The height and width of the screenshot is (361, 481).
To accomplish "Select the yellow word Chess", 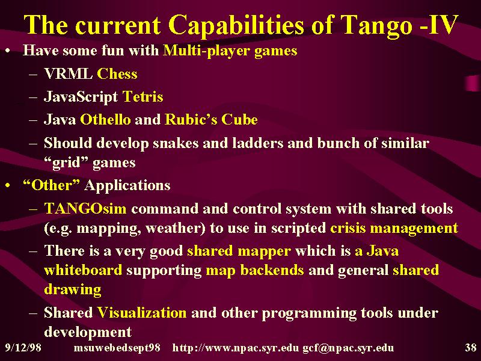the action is pos(117,74).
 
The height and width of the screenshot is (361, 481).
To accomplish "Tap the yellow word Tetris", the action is pos(142,97).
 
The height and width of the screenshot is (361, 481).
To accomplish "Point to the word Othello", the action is pos(105,119).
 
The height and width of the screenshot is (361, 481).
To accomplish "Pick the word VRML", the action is pos(69,74).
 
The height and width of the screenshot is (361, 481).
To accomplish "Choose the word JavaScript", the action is pos(81,97).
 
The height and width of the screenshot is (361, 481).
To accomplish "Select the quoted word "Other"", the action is pos(52,185).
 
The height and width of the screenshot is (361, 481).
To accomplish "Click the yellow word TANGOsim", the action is pos(85,209).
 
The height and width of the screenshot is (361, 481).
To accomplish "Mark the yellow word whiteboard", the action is pos(83,270).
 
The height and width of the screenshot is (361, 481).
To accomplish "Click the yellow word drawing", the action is pos(73,290).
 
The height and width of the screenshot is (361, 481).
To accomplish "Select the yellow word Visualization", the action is pos(142,312).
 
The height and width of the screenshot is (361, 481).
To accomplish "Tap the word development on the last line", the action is pos(88,333).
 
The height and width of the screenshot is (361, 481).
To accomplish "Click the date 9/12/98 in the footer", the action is pos(23,348).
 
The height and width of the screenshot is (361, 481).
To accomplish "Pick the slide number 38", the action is pos(471,348).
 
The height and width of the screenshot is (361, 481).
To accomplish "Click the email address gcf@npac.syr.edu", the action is pos(348,348).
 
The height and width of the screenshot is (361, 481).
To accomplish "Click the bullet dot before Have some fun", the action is pos(8,51).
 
